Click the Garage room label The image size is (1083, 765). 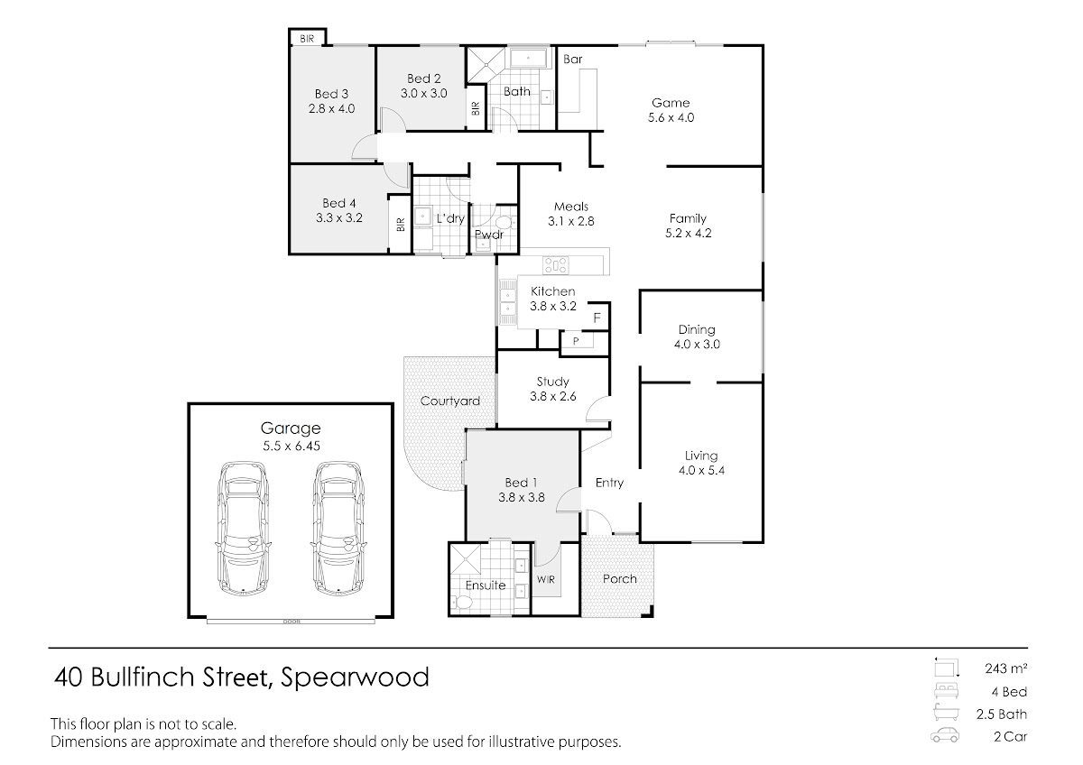291,429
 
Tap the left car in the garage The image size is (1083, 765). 242,528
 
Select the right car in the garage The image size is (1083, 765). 338,528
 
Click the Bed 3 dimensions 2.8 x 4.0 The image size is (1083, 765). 332,109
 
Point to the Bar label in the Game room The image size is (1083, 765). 573,59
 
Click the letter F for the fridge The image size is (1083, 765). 597,318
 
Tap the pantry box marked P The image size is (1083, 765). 577,340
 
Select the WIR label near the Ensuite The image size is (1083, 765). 546,579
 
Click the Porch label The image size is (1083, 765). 620,578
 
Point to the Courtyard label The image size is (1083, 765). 450,401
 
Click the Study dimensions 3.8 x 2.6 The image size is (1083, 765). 553,397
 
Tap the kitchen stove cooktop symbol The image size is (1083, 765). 556,265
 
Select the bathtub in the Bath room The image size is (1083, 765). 529,58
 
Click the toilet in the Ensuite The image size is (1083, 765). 462,602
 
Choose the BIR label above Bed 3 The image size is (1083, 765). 307,39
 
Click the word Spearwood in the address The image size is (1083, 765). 355,678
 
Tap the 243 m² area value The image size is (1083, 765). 1006,668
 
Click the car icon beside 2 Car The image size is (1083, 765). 945,736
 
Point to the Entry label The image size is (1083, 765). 610,483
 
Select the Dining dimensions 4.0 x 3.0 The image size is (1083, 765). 697,345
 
